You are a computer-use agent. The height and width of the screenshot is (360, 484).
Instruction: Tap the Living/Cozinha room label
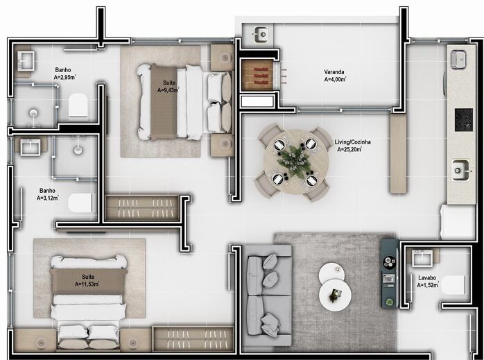pyautogui.click(x=354, y=145)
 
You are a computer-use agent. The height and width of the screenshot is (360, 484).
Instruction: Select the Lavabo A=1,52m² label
pyautogui.click(x=427, y=280)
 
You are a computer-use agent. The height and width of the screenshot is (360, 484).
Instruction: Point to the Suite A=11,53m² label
pyautogui.click(x=87, y=280)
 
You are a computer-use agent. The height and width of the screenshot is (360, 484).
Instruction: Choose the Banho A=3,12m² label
pyautogui.click(x=48, y=194)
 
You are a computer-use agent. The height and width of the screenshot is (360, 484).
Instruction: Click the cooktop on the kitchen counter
pyautogui.click(x=463, y=121)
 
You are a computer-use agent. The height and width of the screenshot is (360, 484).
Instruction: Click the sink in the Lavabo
pyautogui.click(x=423, y=258)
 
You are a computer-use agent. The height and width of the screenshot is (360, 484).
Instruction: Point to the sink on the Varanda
pyautogui.click(x=261, y=33)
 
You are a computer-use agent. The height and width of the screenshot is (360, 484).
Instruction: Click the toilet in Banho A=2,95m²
pyautogui.click(x=78, y=106)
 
